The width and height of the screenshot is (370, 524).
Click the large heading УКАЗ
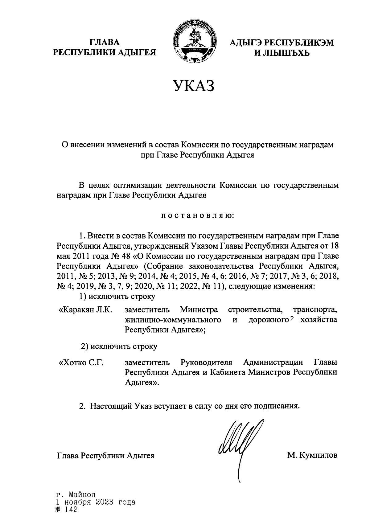[x=193, y=86]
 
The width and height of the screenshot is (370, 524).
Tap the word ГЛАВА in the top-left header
[x=105, y=42]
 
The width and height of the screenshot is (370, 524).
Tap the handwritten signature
[x=237, y=444]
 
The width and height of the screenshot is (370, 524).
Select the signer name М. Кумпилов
[x=312, y=455]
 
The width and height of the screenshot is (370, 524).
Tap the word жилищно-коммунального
[x=173, y=320]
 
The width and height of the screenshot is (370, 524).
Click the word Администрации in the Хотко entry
[x=277, y=362]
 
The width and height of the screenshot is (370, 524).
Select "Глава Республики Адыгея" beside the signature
[x=105, y=456]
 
